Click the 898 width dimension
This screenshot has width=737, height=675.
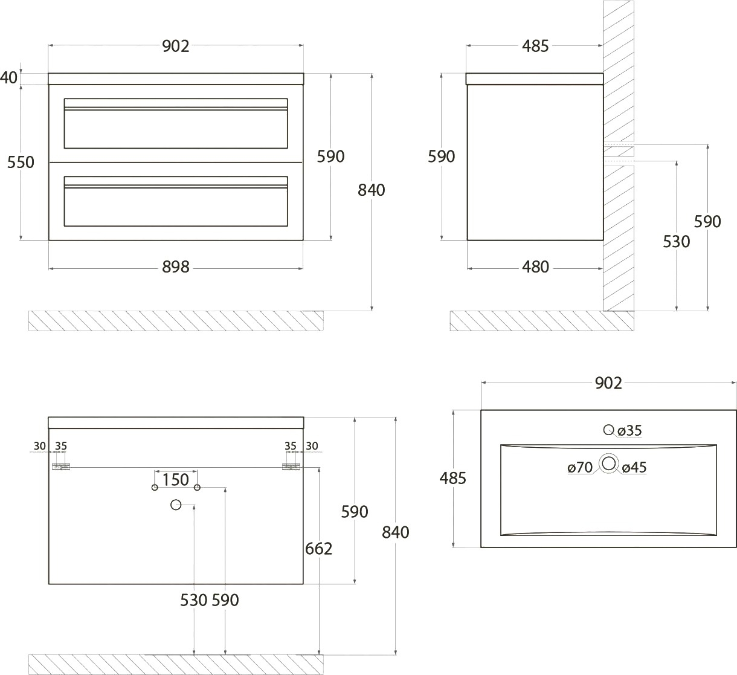click(x=176, y=267)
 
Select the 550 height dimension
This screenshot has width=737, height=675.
click(x=21, y=162)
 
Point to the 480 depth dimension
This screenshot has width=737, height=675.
click(x=535, y=267)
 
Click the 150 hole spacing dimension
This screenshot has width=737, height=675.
click(x=176, y=480)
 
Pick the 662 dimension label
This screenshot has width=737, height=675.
click(x=318, y=549)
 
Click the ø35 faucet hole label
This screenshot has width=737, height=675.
click(x=629, y=430)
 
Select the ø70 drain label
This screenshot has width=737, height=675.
click(x=580, y=467)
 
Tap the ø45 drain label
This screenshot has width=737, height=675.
click(x=634, y=467)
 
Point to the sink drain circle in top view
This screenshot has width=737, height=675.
click(x=609, y=463)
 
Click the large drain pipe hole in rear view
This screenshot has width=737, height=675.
click(x=176, y=505)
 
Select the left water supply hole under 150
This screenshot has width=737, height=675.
click(x=155, y=488)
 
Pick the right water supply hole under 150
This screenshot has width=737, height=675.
click(x=197, y=488)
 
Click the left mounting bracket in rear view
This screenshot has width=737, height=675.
click(x=61, y=467)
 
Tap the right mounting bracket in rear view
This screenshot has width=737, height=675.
click(x=291, y=467)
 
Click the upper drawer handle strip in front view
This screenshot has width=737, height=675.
click(x=176, y=108)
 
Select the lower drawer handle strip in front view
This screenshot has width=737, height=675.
click(x=176, y=187)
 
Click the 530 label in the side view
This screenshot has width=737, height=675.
click(x=677, y=242)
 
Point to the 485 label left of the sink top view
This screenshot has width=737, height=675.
click(x=452, y=479)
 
